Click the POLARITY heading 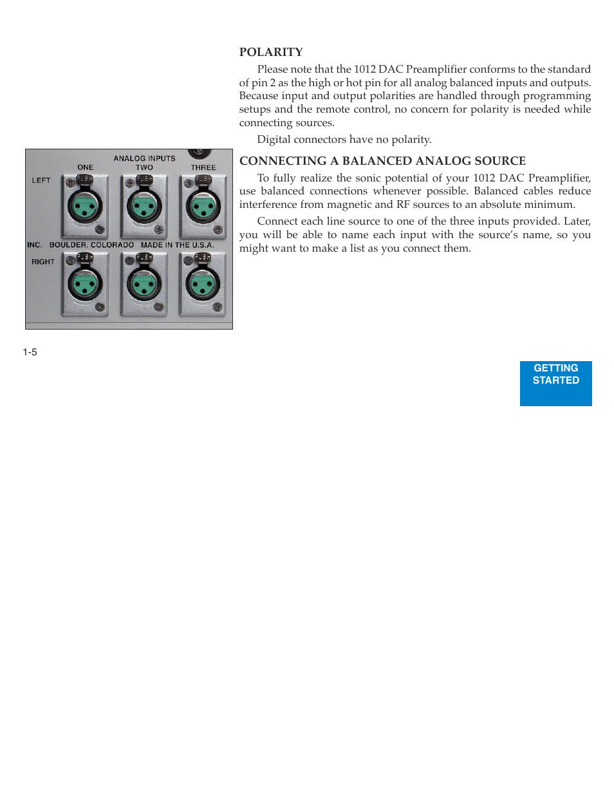click(271, 52)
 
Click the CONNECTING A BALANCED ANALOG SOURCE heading click(382, 161)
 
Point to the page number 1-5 click(30, 352)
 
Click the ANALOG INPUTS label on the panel click(144, 158)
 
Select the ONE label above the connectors click(86, 167)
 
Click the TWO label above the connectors click(144, 167)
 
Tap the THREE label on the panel click(203, 167)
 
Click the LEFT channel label click(41, 181)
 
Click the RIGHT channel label click(43, 262)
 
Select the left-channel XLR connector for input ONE click(86, 207)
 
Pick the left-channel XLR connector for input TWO click(144, 207)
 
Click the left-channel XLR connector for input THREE click(203, 207)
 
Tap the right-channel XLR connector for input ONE click(86, 284)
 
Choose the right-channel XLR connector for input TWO click(144, 284)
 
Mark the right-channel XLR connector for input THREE click(203, 284)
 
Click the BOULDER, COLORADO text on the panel click(91, 245)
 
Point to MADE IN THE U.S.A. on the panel click(178, 245)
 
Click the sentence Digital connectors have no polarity click(344, 140)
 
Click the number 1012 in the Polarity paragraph click(365, 70)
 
